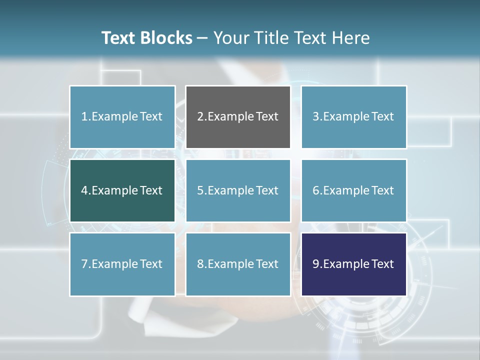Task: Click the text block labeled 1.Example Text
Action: [x=122, y=117]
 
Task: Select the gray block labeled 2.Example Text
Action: [x=238, y=117]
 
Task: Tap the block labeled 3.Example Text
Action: [x=353, y=117]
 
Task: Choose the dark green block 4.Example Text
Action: [x=122, y=190]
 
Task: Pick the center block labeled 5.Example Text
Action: [x=238, y=190]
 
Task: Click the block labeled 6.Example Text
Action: [x=353, y=190]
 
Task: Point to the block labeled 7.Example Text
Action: [x=122, y=264]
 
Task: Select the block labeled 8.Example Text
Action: [x=238, y=264]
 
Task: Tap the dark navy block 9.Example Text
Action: [x=353, y=264]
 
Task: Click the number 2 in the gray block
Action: [x=200, y=117]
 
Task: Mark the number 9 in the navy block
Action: [x=316, y=264]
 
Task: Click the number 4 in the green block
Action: [x=84, y=190]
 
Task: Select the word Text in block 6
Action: [x=382, y=190]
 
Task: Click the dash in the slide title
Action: [x=202, y=38]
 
